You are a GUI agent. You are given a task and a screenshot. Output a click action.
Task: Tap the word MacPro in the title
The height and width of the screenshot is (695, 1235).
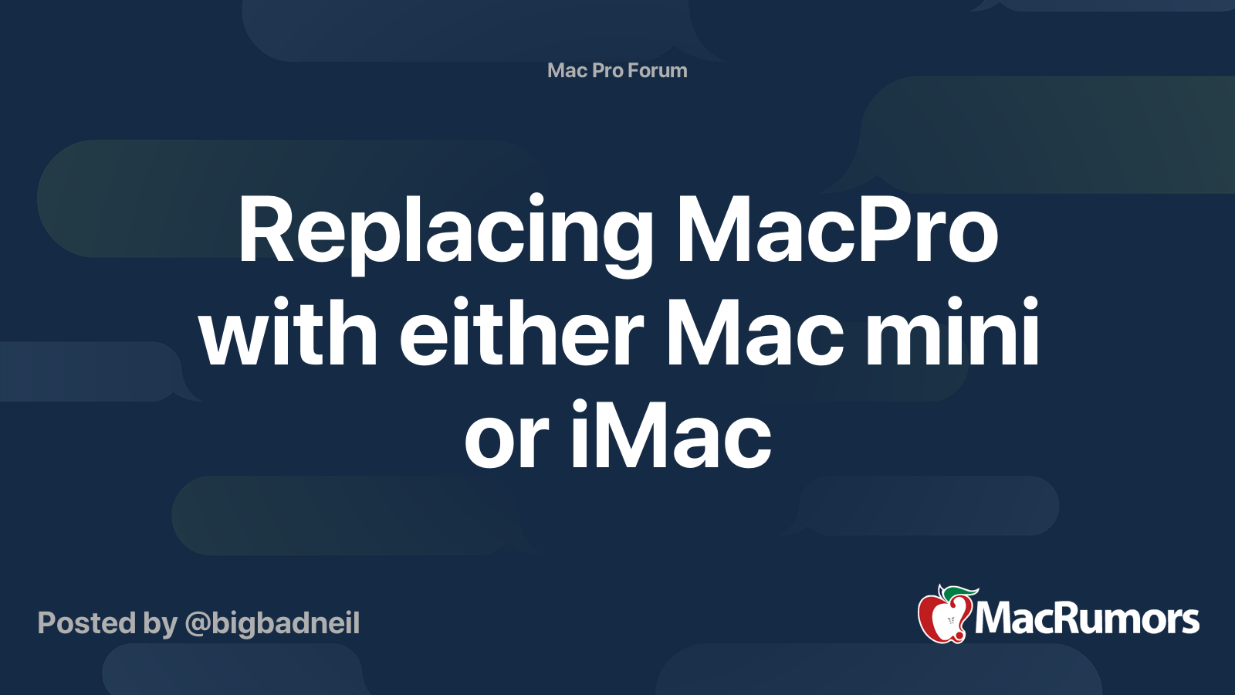coord(837,232)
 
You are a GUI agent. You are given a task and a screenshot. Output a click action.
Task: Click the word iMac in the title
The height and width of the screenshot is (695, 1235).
coord(671,436)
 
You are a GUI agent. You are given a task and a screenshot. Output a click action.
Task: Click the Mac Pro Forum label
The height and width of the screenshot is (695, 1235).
coord(617,70)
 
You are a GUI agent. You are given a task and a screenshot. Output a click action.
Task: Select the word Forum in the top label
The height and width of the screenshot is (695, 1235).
coord(657,70)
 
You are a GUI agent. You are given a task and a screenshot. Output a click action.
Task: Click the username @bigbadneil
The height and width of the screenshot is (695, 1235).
coord(272,623)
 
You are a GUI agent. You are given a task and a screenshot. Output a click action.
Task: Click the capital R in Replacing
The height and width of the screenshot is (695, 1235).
coord(266,232)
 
